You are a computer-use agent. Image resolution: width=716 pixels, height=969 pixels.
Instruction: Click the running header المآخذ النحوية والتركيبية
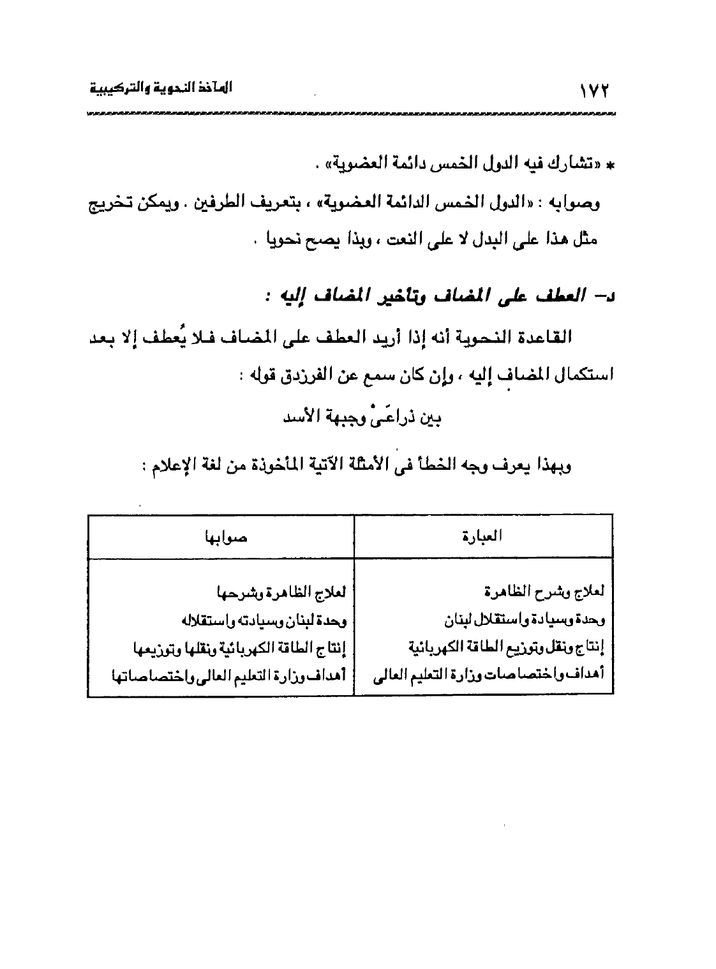[x=160, y=89]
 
